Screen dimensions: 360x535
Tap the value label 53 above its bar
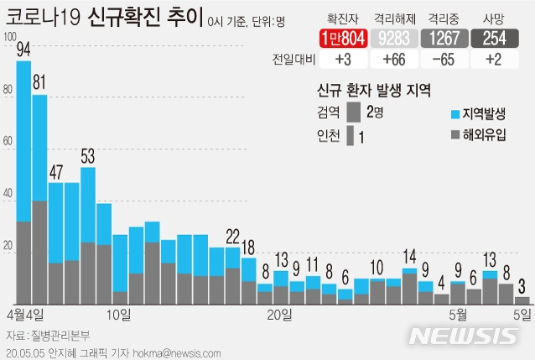pyautogui.click(x=88, y=155)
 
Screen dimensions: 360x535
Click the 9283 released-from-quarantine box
pyautogui.click(x=393, y=38)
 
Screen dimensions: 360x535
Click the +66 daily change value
pyautogui.click(x=393, y=59)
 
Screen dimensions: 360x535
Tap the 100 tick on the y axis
pyautogui.click(x=9, y=36)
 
